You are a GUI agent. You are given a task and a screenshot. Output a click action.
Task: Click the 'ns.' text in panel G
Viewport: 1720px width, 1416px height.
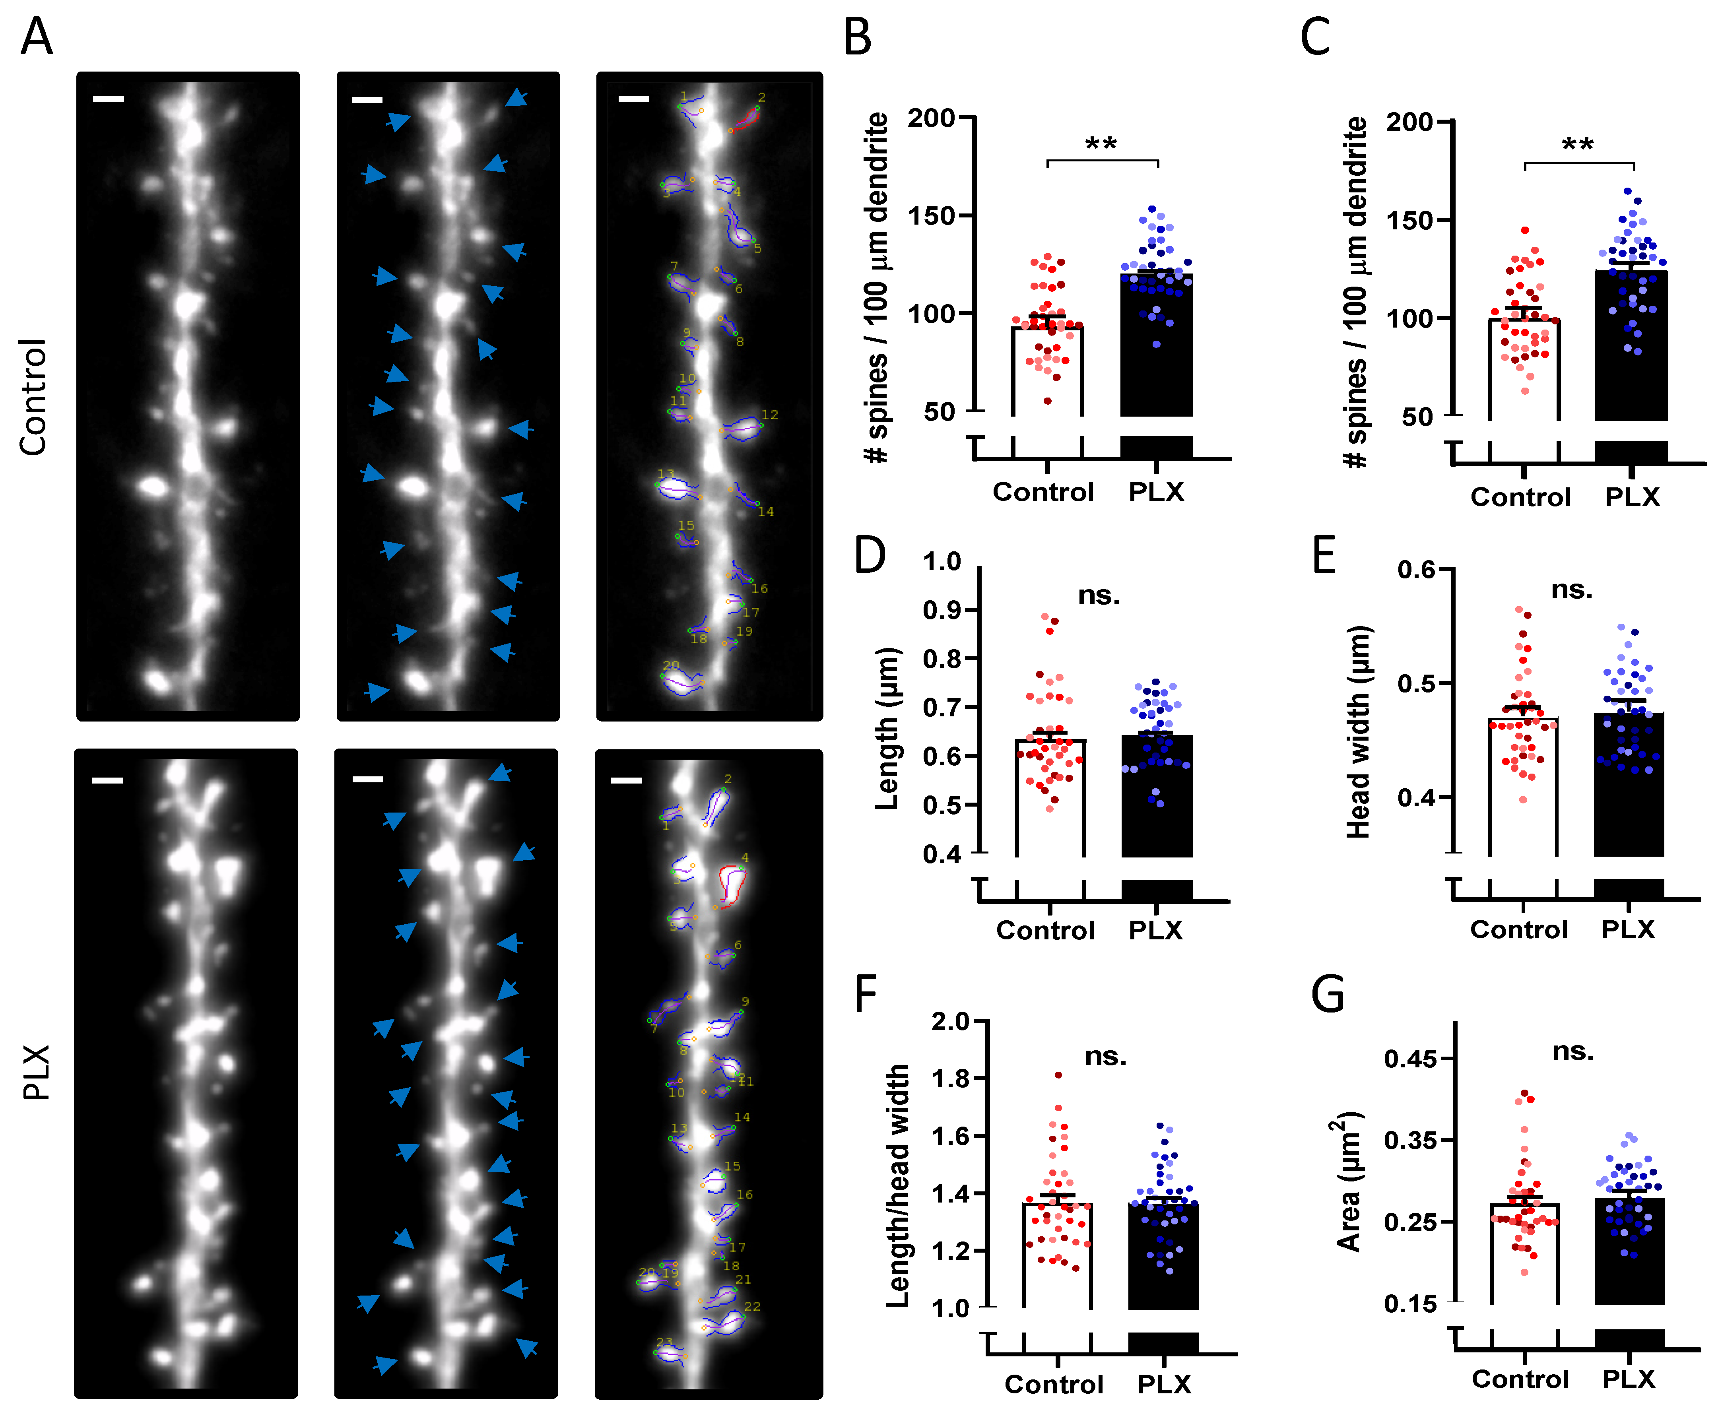1572,1051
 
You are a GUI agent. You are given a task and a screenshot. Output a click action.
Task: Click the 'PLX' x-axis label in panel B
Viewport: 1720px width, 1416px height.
1155,492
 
